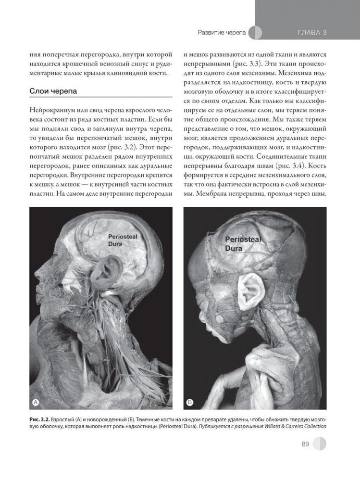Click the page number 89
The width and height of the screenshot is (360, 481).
click(305, 444)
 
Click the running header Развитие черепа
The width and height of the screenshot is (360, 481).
click(222, 33)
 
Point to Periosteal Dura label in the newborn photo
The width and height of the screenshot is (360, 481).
click(243, 244)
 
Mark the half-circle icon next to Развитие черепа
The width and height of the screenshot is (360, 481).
click(257, 33)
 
